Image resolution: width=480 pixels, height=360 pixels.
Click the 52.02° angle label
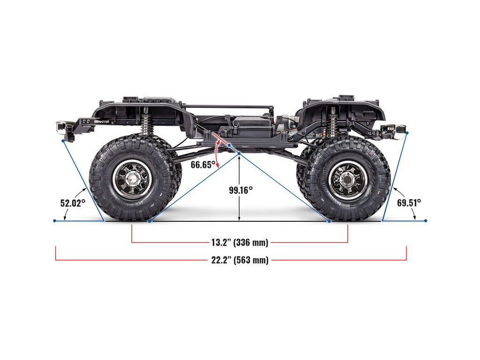pyautogui.click(x=73, y=203)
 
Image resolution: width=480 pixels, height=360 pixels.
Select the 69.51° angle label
pyautogui.click(x=409, y=202)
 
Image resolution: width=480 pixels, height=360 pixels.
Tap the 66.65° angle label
pyautogui.click(x=203, y=164)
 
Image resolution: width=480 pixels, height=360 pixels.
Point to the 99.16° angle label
pyautogui.click(x=241, y=190)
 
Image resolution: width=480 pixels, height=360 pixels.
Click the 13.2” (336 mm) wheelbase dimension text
pyautogui.click(x=240, y=242)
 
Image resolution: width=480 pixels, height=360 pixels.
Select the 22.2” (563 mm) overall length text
pyautogui.click(x=240, y=260)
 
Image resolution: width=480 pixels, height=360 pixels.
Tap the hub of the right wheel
pyautogui.click(x=347, y=179)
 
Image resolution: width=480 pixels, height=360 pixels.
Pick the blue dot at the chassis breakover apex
pyautogui.click(x=239, y=154)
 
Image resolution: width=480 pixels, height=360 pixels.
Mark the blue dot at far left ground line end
pyautogui.click(x=55, y=220)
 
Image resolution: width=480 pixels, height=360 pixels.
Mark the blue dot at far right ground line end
pyautogui.click(x=426, y=220)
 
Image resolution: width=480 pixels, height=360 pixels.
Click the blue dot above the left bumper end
pyautogui.click(x=63, y=140)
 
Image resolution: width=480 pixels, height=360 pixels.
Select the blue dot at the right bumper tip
pyautogui.click(x=407, y=133)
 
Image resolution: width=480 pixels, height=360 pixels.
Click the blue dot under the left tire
pyautogui.click(x=150, y=220)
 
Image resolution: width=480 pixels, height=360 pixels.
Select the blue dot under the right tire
pyautogui.click(x=330, y=220)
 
